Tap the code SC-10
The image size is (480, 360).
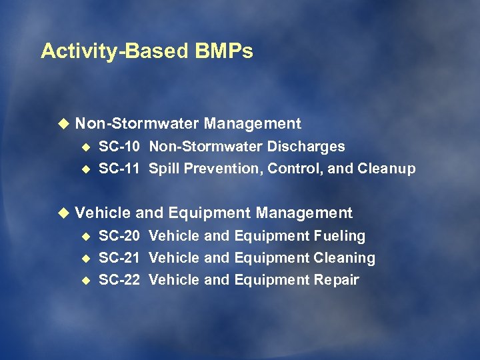pyautogui.click(x=119, y=147)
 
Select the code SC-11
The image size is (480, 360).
pyautogui.click(x=119, y=169)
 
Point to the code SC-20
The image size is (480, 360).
pyautogui.click(x=119, y=236)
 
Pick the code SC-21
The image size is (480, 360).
pyautogui.click(x=119, y=258)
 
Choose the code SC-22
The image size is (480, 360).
pyautogui.click(x=119, y=280)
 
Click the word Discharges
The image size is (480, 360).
pyautogui.click(x=308, y=147)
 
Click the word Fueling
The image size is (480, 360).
pyautogui.click(x=339, y=236)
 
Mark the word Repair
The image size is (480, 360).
pyautogui.click(x=337, y=280)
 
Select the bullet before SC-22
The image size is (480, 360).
pyautogui.click(x=85, y=280)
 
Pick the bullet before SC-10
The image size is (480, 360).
pyautogui.click(x=85, y=147)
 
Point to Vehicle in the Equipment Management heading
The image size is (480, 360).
pyautogui.click(x=103, y=213)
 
